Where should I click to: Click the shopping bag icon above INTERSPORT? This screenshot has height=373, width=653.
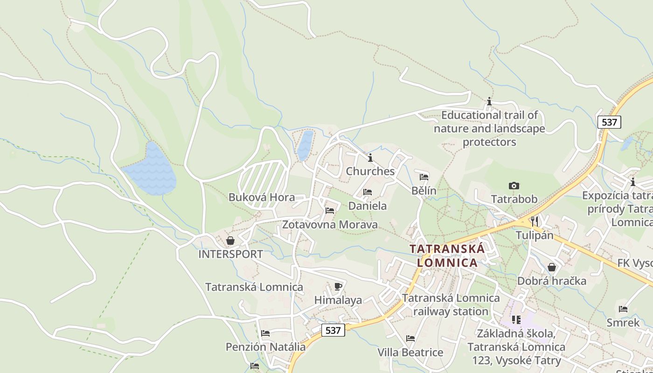click(230, 241)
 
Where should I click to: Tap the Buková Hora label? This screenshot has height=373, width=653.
click(261, 197)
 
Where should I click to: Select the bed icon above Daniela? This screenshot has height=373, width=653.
click(368, 192)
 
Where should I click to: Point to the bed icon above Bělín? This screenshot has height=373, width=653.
click(424, 177)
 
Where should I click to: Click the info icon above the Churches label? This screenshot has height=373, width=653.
click(370, 158)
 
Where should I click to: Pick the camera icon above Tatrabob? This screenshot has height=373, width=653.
click(514, 186)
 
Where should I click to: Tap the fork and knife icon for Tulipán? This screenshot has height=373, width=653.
click(535, 221)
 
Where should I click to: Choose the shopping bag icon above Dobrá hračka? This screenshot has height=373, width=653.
click(552, 267)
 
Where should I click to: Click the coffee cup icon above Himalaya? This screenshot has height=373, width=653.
click(338, 286)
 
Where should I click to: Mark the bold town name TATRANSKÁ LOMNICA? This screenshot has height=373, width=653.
click(447, 256)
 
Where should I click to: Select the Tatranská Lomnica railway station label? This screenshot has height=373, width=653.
click(451, 304)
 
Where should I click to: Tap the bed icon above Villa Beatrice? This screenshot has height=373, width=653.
click(410, 338)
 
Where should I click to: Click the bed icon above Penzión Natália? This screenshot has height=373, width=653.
click(265, 333)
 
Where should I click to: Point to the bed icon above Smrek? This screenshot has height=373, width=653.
click(623, 309)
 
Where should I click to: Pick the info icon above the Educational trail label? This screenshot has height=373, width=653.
click(489, 101)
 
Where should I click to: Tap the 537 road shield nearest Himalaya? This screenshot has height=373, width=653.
click(333, 330)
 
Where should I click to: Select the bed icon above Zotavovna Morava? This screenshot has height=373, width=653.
click(330, 211)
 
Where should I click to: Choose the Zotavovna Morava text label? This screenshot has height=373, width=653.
click(330, 225)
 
